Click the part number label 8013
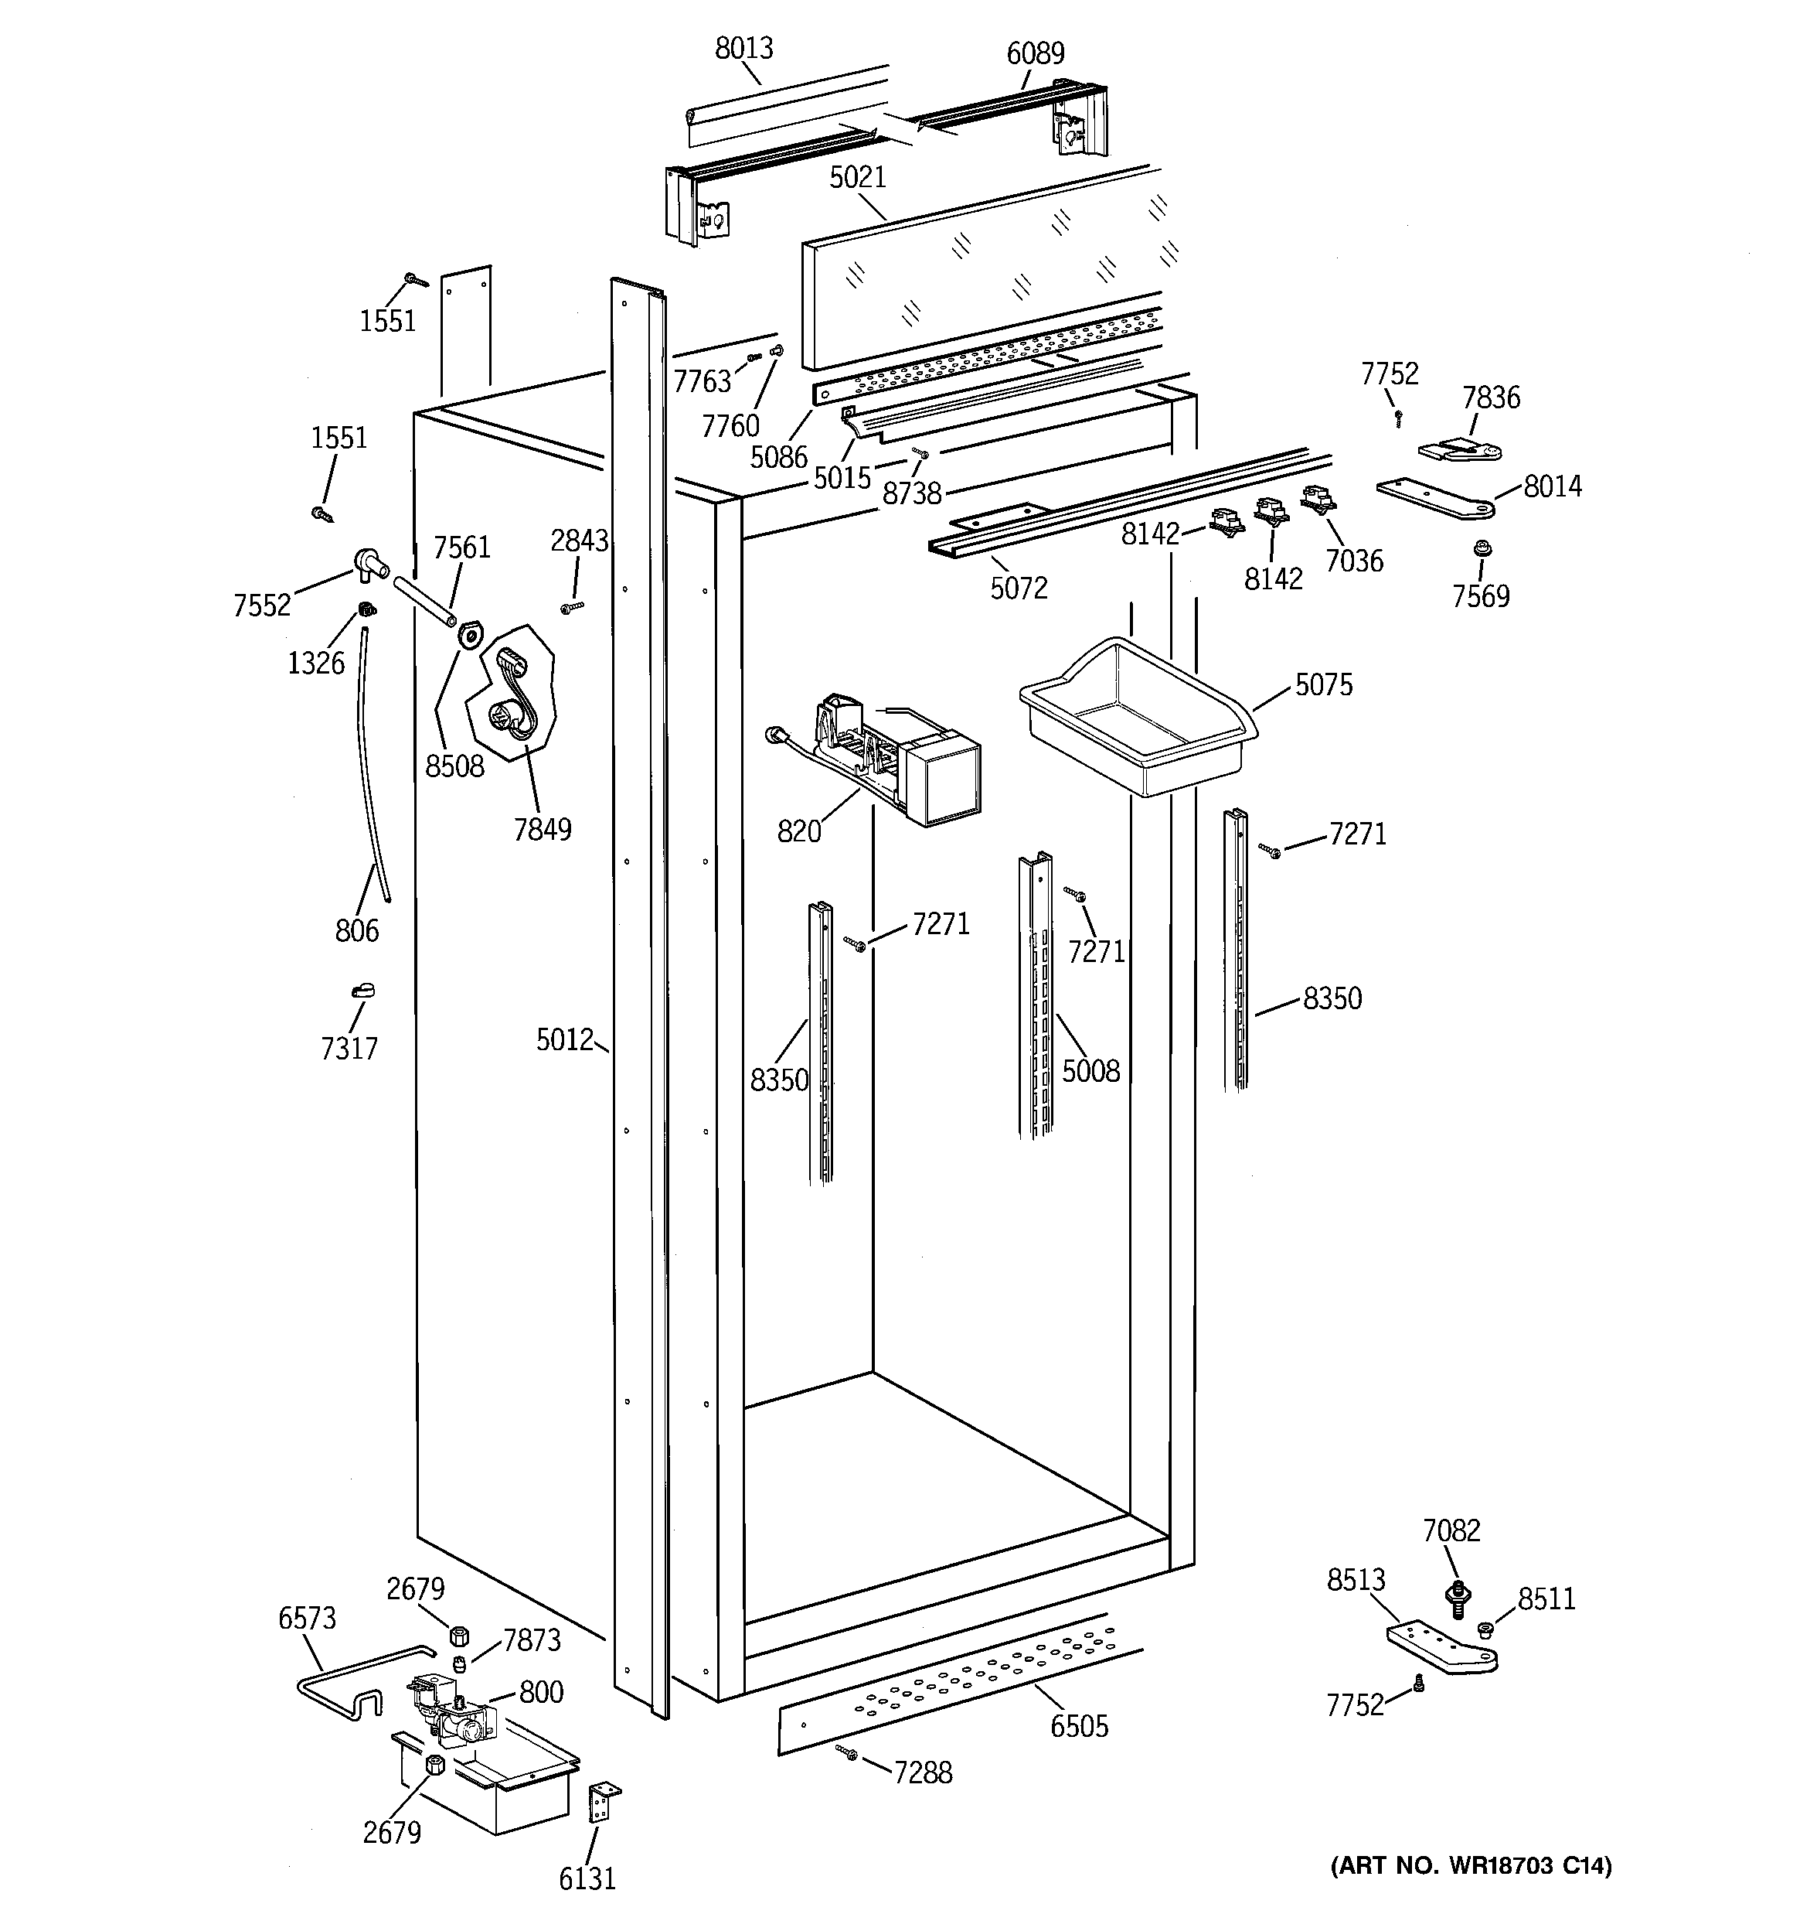[743, 48]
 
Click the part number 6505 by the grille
[1079, 1726]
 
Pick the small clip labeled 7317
[362, 991]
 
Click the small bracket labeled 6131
[601, 1800]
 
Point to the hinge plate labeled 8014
[1434, 498]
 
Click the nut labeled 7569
[1482, 549]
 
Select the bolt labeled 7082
[1457, 1595]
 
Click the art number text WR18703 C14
[1471, 1865]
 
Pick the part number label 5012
[564, 1040]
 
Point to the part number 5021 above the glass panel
[856, 177]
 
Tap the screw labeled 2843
[572, 606]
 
